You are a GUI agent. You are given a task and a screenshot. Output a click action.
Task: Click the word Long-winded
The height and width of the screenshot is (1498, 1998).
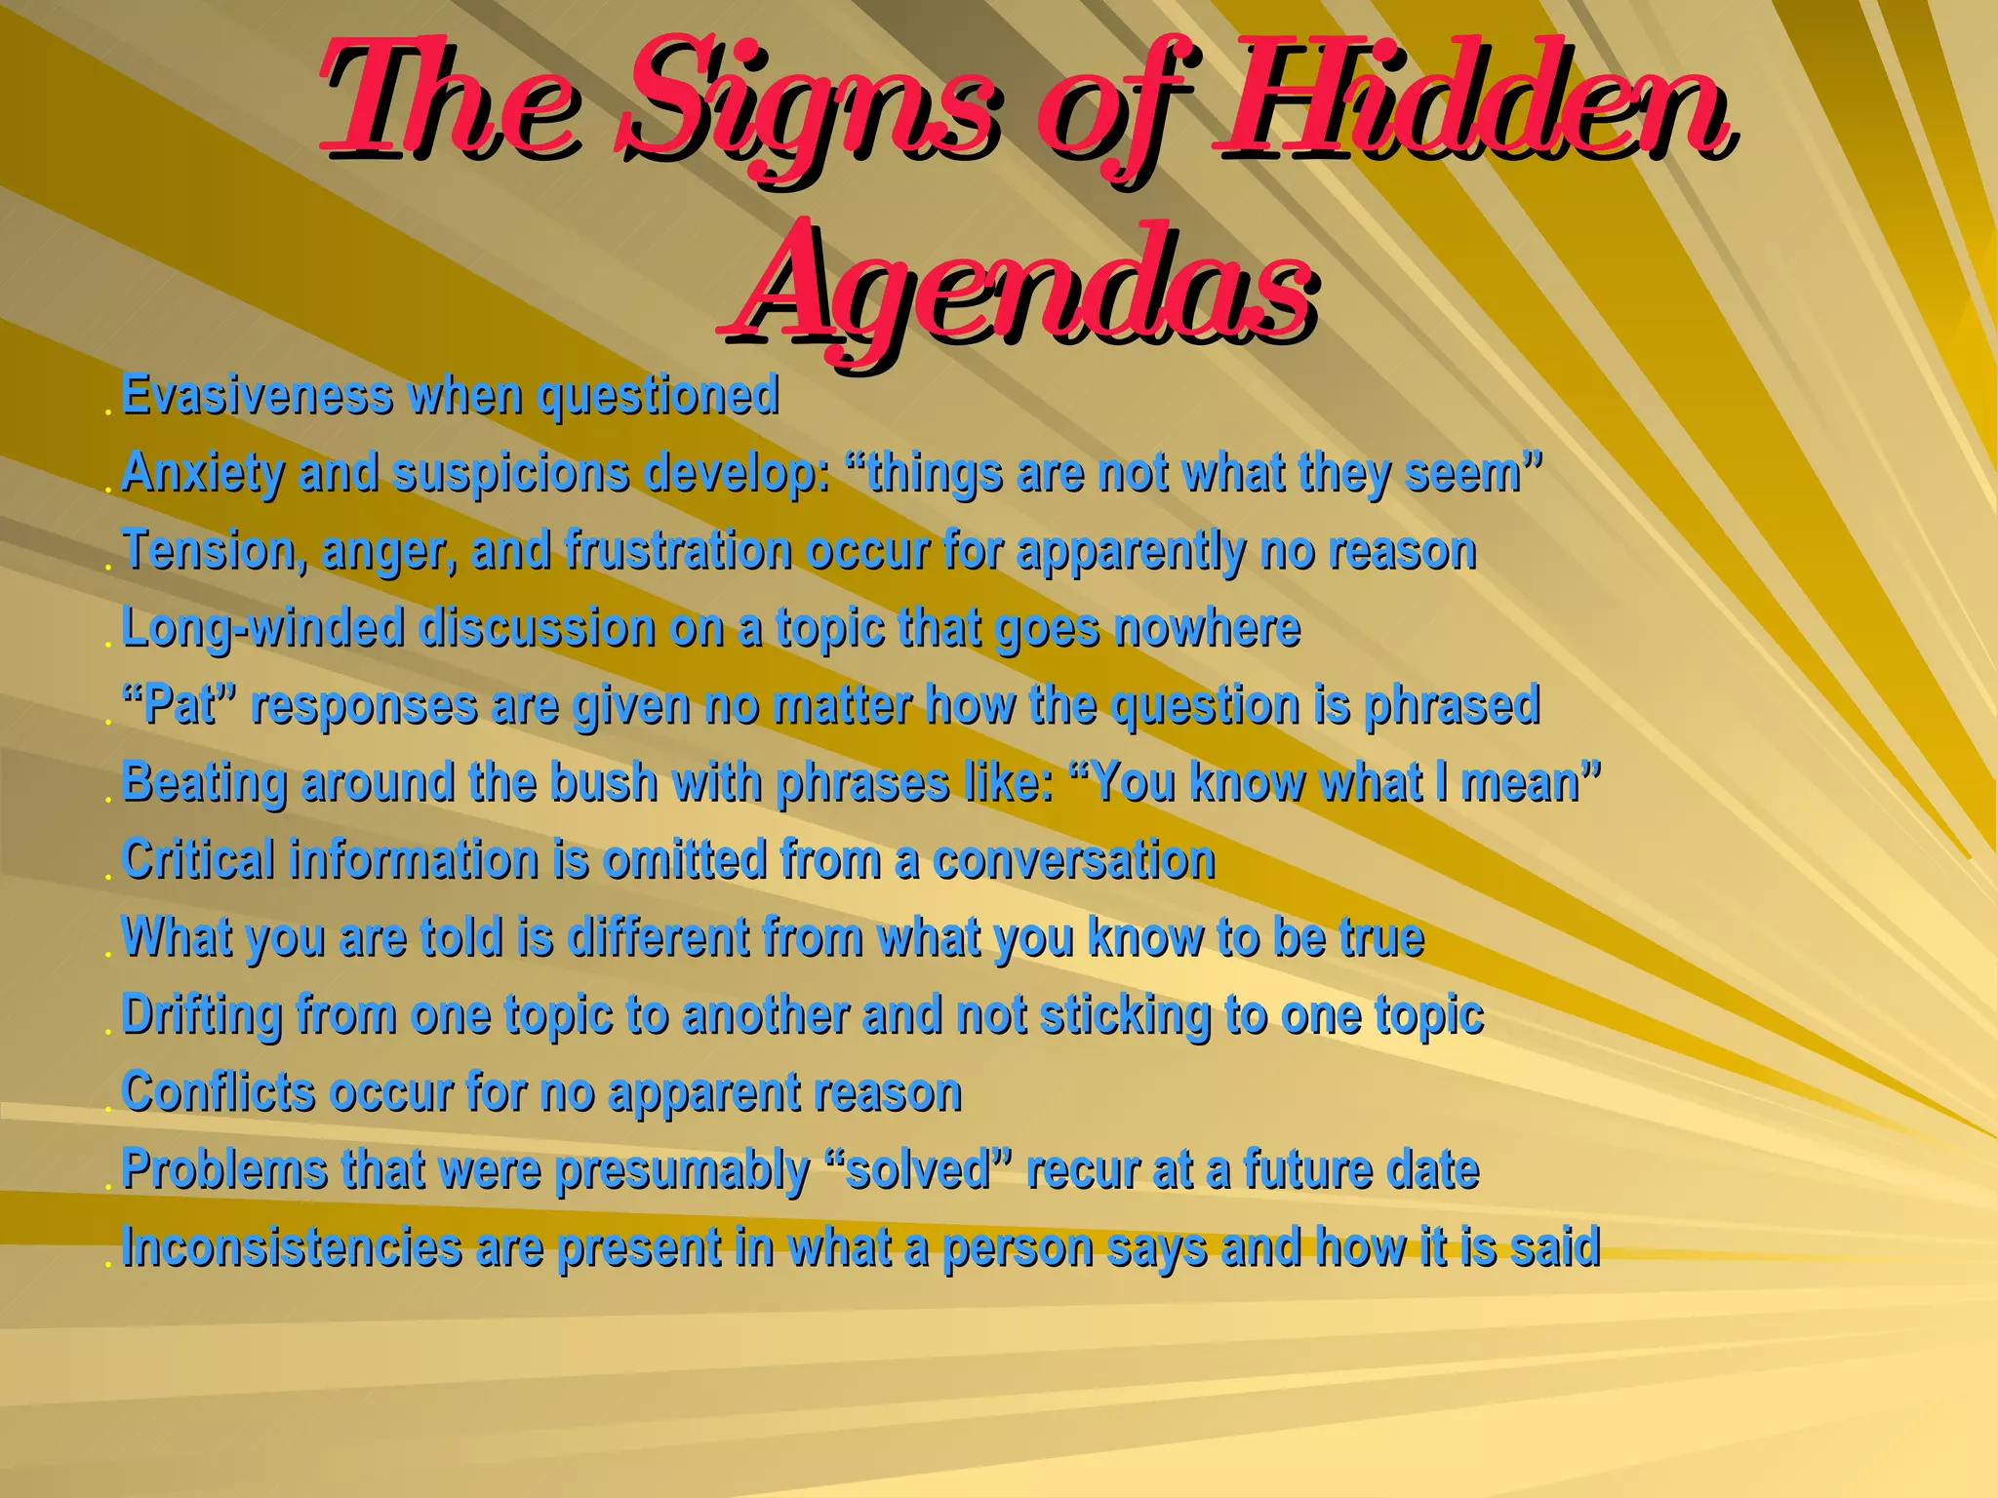coord(263,628)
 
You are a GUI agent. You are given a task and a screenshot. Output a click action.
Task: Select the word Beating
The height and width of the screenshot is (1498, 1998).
coord(204,782)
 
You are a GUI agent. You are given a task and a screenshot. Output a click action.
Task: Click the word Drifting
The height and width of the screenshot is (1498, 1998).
coord(202,1014)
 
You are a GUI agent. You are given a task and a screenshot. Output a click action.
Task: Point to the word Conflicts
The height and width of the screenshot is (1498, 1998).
coord(219,1091)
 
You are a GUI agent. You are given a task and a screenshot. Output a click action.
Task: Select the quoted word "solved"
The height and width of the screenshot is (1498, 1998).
coord(919,1169)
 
